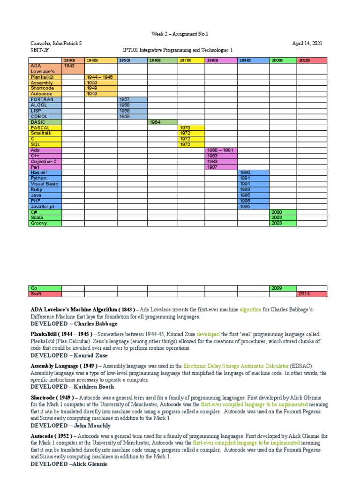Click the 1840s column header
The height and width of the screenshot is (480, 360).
(73, 60)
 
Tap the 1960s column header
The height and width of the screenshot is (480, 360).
(162, 60)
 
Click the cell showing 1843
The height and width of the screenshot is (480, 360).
(73, 66)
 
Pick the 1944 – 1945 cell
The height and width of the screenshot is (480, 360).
(101, 77)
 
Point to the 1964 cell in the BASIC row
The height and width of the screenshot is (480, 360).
(162, 122)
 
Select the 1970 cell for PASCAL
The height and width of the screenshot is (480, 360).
(191, 127)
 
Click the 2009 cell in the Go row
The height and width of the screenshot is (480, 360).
(283, 288)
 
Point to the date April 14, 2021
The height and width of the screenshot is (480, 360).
(307, 43)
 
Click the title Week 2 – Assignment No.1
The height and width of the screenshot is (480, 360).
(180, 34)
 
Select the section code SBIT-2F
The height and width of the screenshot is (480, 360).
(40, 50)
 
